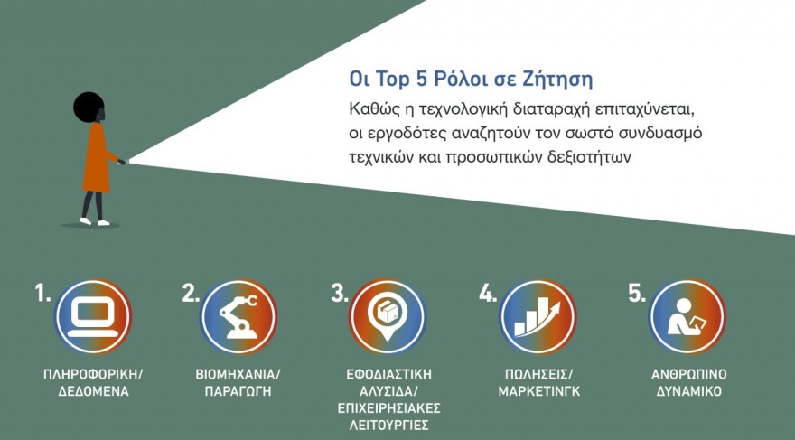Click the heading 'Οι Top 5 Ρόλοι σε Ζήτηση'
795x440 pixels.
[471, 79]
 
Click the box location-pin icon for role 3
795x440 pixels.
[386, 317]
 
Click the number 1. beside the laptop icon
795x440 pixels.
[43, 294]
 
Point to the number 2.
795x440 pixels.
[191, 294]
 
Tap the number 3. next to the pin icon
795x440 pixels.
[340, 294]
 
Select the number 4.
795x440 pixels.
[488, 294]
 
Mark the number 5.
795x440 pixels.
[637, 294]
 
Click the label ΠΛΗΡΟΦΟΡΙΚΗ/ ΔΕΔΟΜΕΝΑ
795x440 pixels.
[93, 383]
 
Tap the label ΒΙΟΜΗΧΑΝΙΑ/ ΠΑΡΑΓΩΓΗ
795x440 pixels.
[238, 383]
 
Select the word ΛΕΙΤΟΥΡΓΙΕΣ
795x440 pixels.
[388, 426]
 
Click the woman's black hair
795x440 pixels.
[89, 107]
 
